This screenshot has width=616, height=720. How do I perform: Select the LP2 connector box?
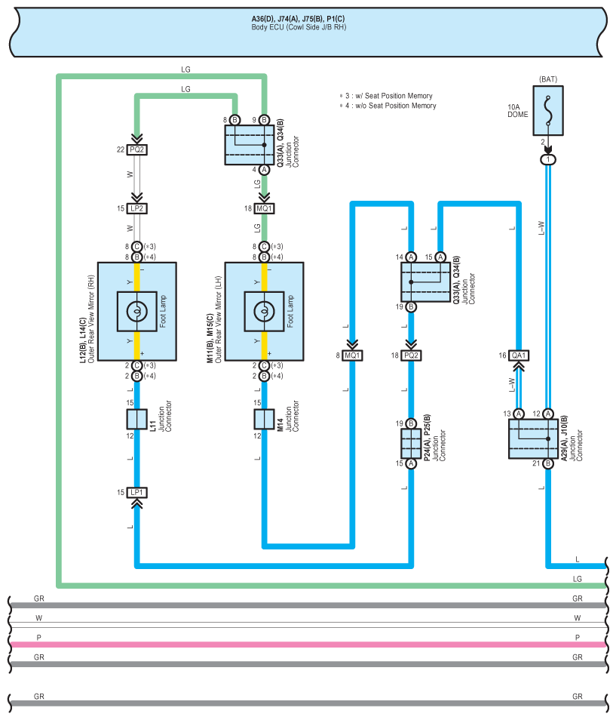(x=137, y=208)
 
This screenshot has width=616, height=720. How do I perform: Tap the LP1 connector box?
(x=137, y=492)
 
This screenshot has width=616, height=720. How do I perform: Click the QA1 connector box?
(x=518, y=355)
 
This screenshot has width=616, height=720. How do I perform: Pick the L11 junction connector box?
(x=137, y=419)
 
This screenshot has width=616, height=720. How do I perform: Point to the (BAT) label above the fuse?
(x=547, y=79)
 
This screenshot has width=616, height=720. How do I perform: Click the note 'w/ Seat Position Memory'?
(x=388, y=96)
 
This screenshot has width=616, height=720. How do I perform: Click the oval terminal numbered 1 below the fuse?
(x=547, y=160)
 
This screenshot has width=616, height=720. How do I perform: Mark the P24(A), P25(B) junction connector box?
(x=411, y=444)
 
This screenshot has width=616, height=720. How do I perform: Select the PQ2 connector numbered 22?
(x=137, y=149)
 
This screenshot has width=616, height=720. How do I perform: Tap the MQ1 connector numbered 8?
(x=352, y=355)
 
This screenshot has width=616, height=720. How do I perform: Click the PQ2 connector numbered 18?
(x=411, y=355)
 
